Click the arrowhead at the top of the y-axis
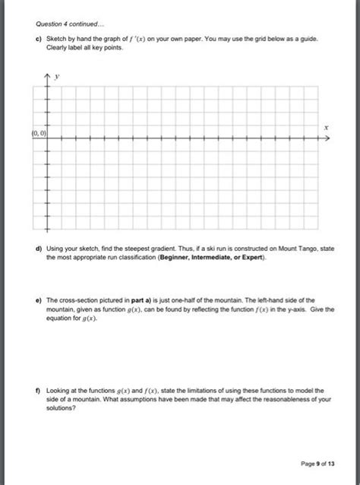click(47, 77)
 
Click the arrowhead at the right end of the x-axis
click(326, 140)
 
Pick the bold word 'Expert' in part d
click(251, 257)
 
